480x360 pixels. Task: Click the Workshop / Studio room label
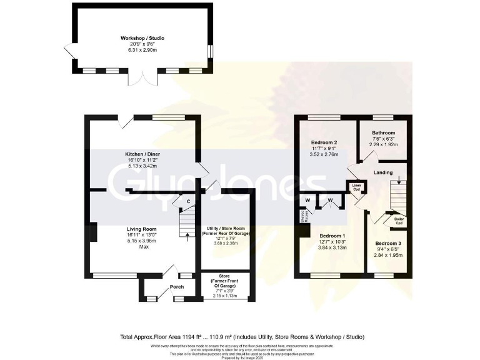tap(142, 38)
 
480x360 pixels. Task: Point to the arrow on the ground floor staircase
tap(188, 236)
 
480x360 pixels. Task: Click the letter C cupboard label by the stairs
tap(188, 201)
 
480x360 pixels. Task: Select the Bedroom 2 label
tap(324, 142)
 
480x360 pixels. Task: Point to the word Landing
tap(383, 172)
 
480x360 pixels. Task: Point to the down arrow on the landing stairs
tap(400, 185)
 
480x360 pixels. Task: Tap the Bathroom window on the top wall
tap(382, 117)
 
